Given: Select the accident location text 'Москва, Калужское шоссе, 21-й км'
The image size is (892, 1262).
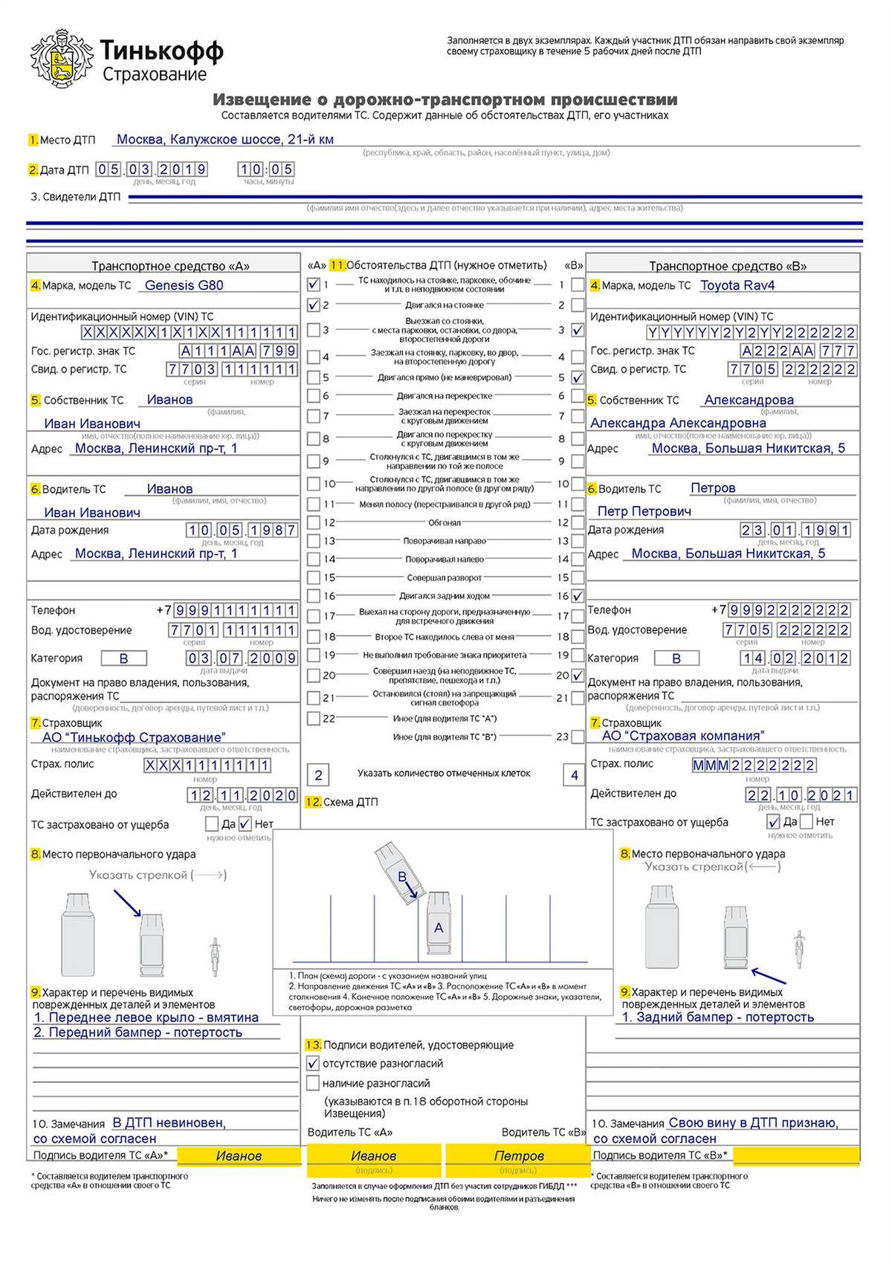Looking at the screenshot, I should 225,139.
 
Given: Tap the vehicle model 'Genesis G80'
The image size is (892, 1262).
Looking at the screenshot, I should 184,285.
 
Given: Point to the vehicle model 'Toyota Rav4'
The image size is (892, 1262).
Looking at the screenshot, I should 737,285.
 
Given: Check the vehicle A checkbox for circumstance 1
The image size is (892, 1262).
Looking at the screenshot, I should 314,283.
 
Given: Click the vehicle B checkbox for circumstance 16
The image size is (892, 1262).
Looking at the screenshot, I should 578,595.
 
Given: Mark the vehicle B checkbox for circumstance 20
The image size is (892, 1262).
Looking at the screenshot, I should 578,676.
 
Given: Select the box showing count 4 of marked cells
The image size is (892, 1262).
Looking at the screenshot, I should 574,775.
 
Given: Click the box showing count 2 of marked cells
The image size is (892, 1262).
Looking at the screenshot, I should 318,775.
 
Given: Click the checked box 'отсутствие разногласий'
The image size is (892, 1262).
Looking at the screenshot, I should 313,1064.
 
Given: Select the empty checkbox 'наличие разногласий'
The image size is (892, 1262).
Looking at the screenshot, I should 313,1083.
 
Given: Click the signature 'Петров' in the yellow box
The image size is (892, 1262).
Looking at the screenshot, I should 519,1156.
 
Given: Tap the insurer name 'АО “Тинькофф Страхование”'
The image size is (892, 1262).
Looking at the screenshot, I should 134,737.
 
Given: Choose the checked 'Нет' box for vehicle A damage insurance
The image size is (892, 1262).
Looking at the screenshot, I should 245,823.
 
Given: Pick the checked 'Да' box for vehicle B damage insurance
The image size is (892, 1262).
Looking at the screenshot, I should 773,821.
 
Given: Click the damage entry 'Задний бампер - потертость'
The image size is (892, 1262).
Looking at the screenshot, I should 718,1017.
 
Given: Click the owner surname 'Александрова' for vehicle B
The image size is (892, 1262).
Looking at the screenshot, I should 749,400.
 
